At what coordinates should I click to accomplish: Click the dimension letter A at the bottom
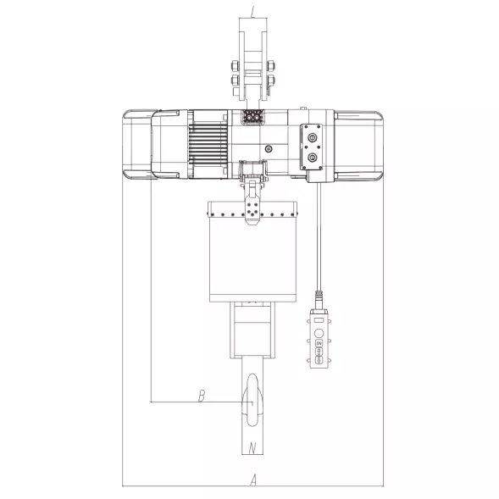click(253, 480)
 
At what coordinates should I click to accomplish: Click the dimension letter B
click(202, 396)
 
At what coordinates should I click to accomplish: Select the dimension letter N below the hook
click(252, 448)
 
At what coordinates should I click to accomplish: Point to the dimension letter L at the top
click(252, 12)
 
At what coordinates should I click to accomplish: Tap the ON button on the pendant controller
click(319, 343)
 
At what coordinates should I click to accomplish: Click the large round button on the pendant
click(319, 333)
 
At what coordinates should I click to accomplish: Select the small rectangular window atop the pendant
click(319, 320)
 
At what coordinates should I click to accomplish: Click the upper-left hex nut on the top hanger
click(236, 66)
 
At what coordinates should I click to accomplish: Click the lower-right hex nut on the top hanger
click(271, 80)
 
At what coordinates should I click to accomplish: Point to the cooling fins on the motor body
click(208, 144)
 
